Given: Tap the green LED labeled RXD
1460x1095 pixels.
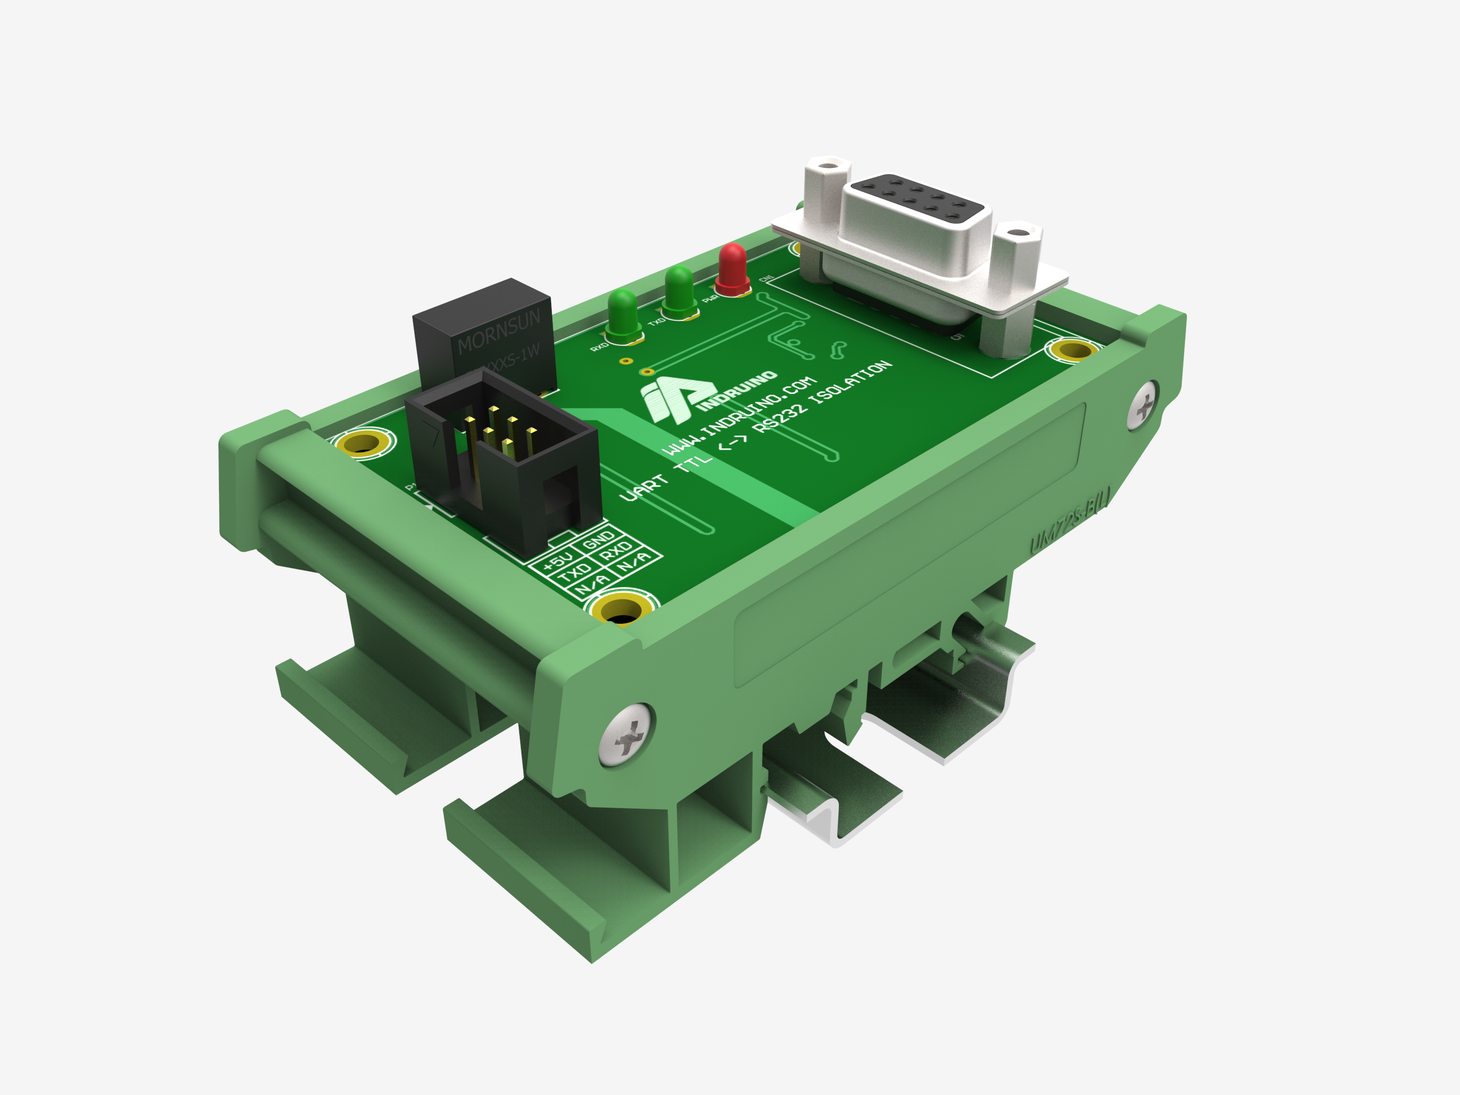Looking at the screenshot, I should click(623, 313).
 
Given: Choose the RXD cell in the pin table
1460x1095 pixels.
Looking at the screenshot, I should click(616, 551).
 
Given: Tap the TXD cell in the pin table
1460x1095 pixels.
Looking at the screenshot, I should click(575, 571).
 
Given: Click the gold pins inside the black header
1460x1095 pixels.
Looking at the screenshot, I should click(499, 432).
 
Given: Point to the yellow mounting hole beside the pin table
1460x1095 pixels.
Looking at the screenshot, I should click(620, 609).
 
